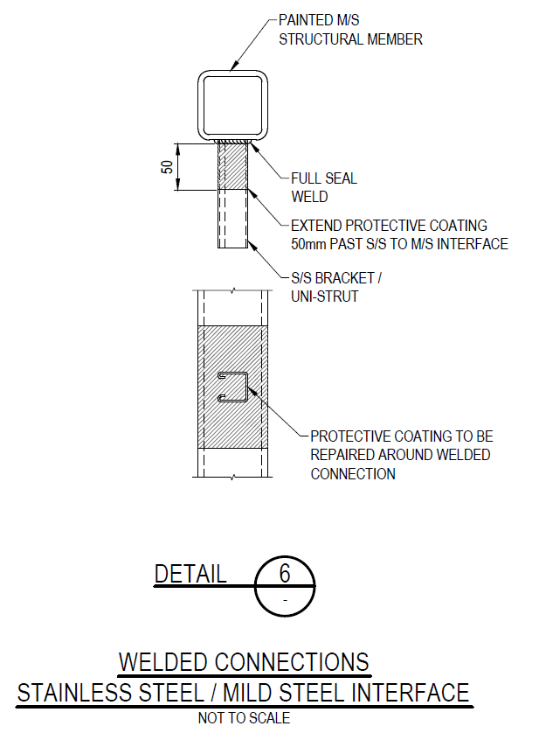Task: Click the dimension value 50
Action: tap(167, 167)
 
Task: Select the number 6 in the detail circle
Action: tap(285, 573)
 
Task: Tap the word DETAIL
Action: tap(190, 574)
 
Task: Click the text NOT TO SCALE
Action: tap(244, 717)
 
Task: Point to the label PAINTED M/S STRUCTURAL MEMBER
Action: tap(350, 30)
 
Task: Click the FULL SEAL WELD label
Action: tap(324, 187)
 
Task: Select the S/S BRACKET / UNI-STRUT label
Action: tap(336, 287)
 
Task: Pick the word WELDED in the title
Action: tap(163, 662)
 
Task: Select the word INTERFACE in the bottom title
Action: tap(410, 693)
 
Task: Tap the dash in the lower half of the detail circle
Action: tap(285, 600)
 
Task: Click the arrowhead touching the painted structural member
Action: tap(235, 66)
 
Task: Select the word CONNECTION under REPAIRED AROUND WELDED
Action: tap(353, 474)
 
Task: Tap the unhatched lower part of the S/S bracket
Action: tap(232, 219)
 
